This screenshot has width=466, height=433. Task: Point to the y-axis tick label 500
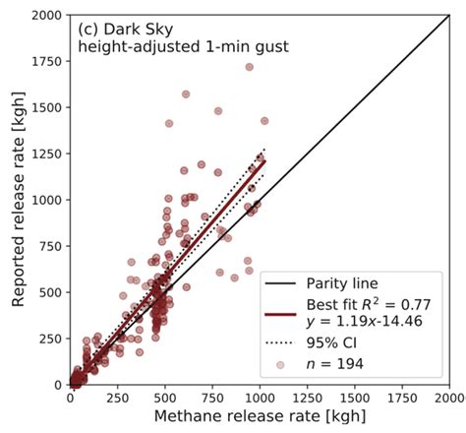pyautogui.click(x=49, y=292)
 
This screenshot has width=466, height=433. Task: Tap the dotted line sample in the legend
pyautogui.click(x=283, y=345)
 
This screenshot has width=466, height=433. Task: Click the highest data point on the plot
pyautogui.click(x=249, y=68)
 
